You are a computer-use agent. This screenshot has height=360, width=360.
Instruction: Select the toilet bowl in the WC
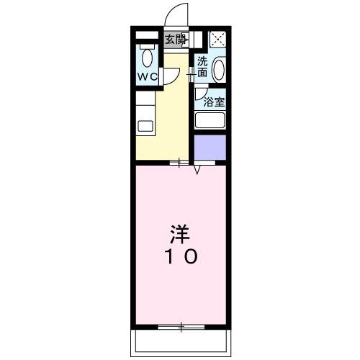tap(147, 57)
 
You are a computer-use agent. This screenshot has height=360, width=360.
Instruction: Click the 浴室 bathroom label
tap(214, 102)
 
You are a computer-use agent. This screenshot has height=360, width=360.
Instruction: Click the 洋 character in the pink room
tap(180, 235)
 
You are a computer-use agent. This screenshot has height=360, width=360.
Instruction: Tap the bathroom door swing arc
tap(199, 93)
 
